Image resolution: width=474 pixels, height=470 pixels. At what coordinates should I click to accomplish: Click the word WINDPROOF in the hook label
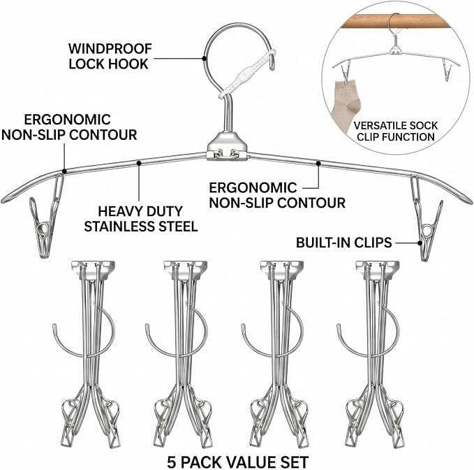tap(110, 48)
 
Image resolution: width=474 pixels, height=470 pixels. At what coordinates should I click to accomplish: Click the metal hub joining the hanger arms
tap(227, 146)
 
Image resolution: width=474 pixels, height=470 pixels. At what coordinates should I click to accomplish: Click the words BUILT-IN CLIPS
tap(343, 243)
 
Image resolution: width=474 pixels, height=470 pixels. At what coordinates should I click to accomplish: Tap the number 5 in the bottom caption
tap(172, 462)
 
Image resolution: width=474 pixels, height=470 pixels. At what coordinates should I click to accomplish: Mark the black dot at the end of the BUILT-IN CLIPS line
tap(420, 243)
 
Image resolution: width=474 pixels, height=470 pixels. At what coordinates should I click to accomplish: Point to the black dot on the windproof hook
tap(205, 58)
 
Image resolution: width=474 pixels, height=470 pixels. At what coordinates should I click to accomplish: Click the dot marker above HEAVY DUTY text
tap(139, 163)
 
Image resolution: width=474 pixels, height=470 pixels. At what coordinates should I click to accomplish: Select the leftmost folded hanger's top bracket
tap(93, 269)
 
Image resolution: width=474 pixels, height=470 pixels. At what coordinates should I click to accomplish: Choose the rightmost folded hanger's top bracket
tap(378, 269)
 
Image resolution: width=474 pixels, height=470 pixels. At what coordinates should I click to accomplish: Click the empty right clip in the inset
tap(447, 70)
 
